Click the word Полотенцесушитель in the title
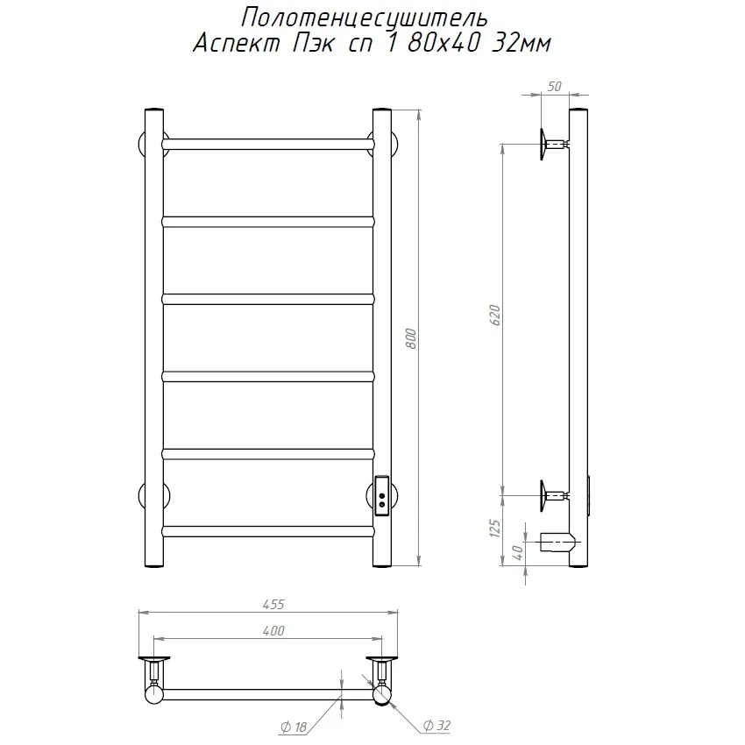pyautogui.click(x=365, y=18)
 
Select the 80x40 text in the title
pyautogui.click(x=443, y=44)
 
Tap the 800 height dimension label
pyautogui.click(x=411, y=338)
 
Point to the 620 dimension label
pyautogui.click(x=494, y=315)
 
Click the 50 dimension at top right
pyautogui.click(x=555, y=87)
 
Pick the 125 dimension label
pyautogui.click(x=494, y=529)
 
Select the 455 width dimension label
pyautogui.click(x=273, y=605)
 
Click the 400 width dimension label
pyautogui.click(x=273, y=630)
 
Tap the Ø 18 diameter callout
pyautogui.click(x=294, y=727)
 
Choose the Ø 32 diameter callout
pyautogui.click(x=436, y=726)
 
